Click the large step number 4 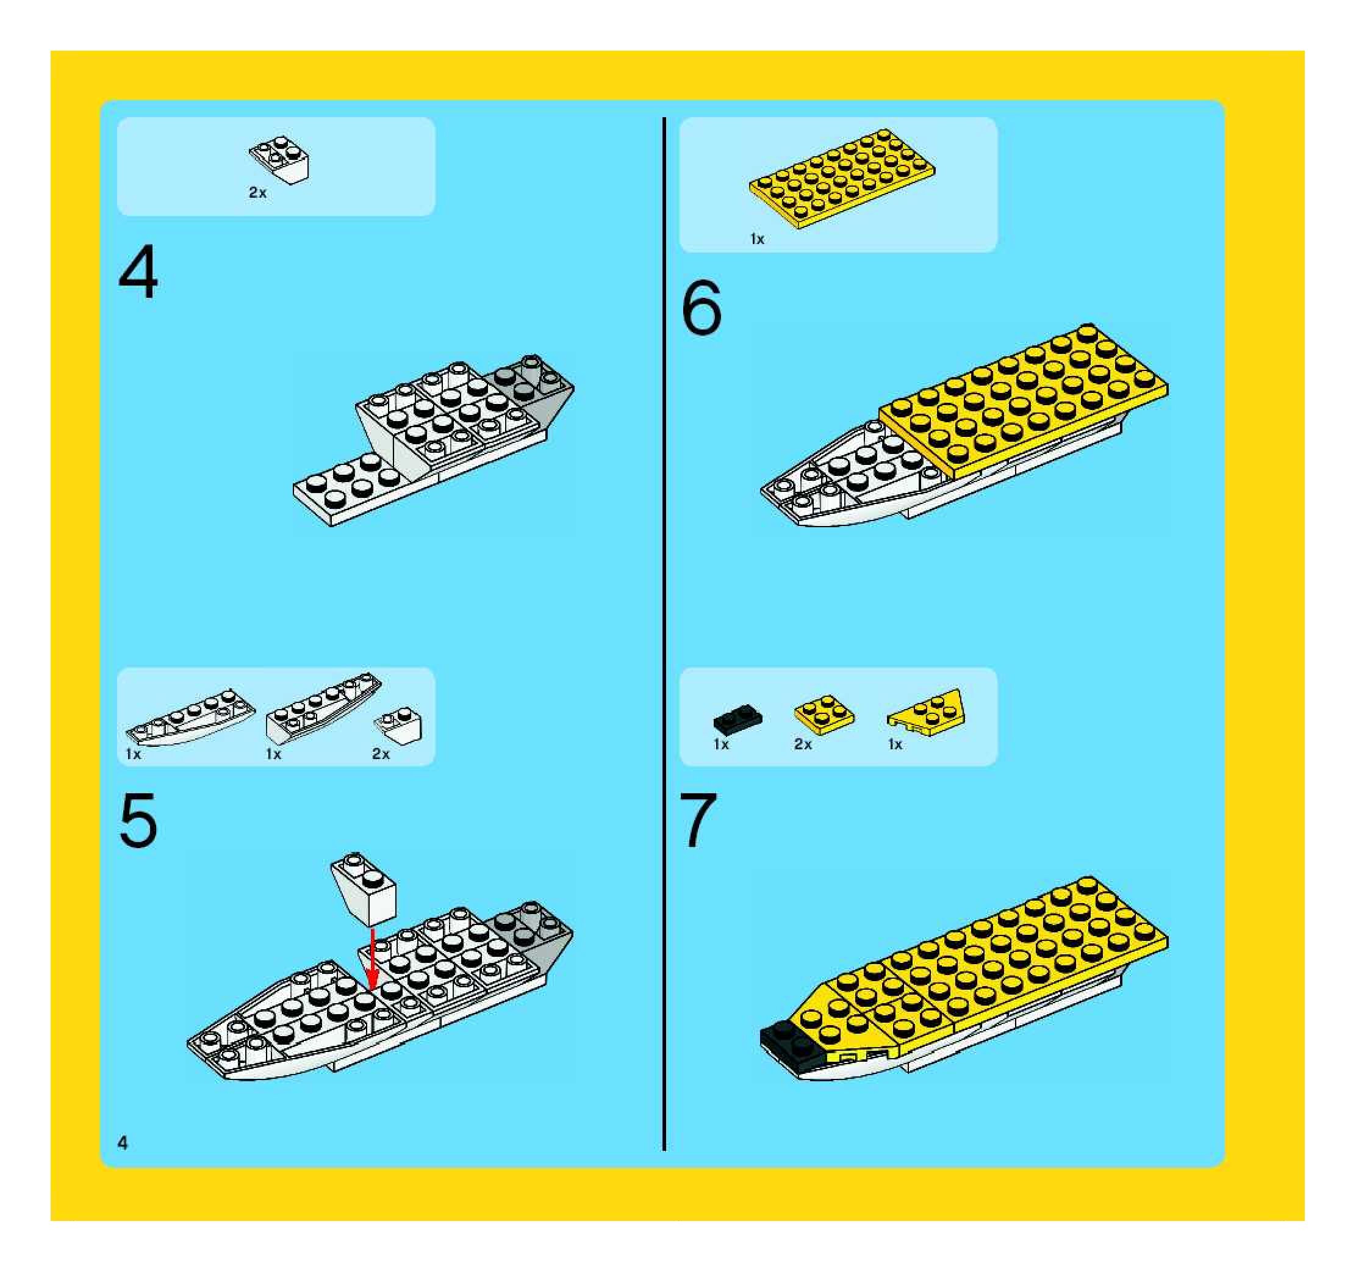point(138,272)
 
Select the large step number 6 point(701,308)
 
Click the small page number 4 point(123,1143)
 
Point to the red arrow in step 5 point(371,960)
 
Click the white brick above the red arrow point(364,889)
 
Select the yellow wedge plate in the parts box point(926,712)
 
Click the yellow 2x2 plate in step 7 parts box point(824,715)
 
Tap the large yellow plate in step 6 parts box point(842,178)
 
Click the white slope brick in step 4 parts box point(279,160)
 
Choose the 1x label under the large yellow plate point(757,239)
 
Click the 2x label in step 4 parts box point(257,193)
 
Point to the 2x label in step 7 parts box point(803,744)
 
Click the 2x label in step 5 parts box point(381,754)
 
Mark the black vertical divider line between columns point(664,633)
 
